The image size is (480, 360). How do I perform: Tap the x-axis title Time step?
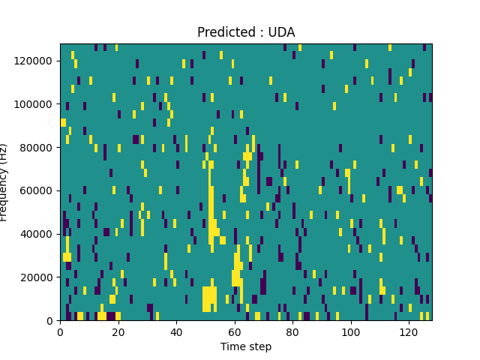tap(246, 346)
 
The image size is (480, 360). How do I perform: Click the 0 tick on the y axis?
tap(49, 320)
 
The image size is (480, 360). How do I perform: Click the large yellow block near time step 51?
tap(209, 298)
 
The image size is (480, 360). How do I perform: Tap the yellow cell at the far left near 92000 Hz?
tap(63, 122)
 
